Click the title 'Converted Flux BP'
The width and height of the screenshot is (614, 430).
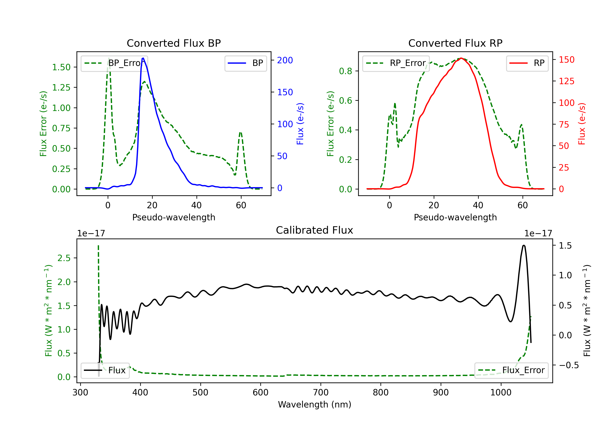[x=174, y=43]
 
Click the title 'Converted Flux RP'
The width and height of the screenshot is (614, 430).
[x=455, y=43]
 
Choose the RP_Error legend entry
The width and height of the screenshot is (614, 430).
[x=396, y=63]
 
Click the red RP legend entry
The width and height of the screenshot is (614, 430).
[x=527, y=63]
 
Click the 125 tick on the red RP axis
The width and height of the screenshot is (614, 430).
[x=566, y=81]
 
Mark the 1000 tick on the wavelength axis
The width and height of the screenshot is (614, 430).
[x=501, y=393]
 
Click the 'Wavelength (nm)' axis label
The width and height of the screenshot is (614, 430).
[x=315, y=404]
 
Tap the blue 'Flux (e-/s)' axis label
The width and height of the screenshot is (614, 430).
[x=300, y=124]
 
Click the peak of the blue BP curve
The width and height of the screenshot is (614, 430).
[x=143, y=58]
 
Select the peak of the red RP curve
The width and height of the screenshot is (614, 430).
[x=461, y=58]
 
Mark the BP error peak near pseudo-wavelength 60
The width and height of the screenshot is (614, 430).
[x=240, y=132]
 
